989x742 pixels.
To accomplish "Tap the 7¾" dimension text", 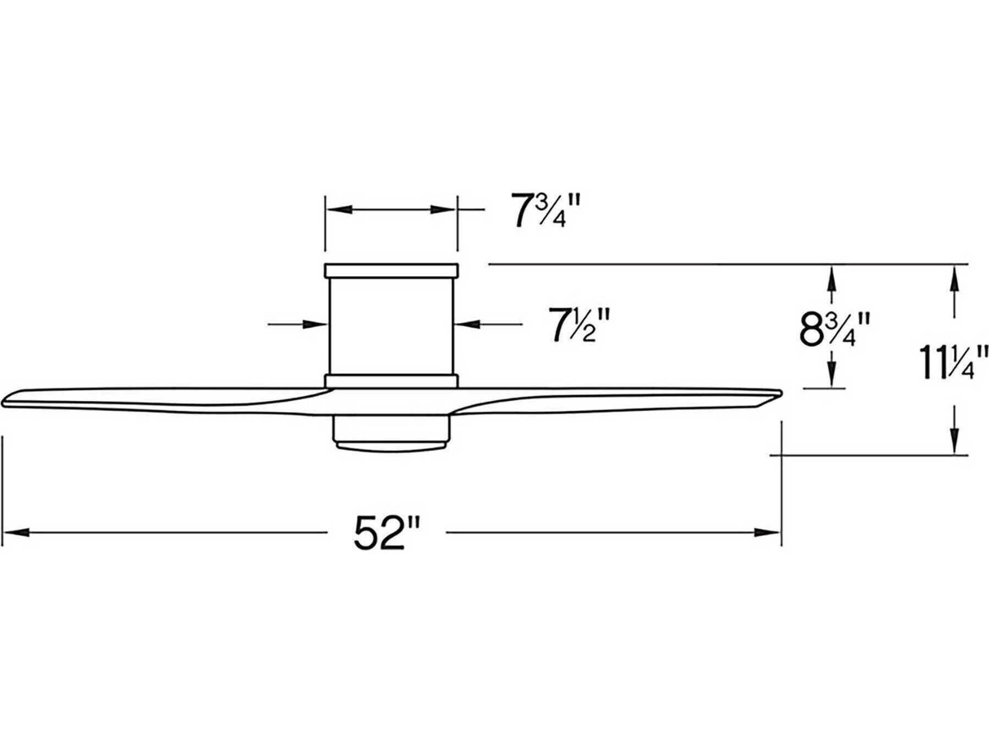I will click(545, 211).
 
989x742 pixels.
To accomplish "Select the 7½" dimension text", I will click(580, 325).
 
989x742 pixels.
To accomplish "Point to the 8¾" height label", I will click(835, 329).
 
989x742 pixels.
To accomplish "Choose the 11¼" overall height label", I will click(952, 362).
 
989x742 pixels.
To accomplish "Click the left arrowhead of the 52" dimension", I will click(15, 532).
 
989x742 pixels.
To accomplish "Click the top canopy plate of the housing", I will click(391, 270).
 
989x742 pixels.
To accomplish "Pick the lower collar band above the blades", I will click(391, 381).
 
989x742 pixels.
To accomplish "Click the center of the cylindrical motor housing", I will click(391, 325).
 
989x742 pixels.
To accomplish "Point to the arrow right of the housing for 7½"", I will click(468, 325).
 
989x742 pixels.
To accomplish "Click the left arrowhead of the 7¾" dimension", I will click(339, 210).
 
